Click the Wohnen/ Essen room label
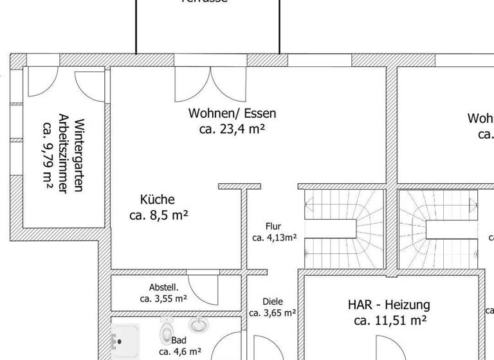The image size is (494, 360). point(232,114)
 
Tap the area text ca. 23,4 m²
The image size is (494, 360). point(232,129)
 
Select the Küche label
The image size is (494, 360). point(157,200)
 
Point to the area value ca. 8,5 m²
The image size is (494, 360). point(158,216)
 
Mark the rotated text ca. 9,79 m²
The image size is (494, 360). point(48,154)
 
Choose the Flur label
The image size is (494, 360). point(273,226)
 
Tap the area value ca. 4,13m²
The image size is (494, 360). point(274,237)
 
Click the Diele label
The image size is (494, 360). point(273,301)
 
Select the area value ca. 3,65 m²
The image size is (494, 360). point(273,313)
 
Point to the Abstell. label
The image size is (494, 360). point(163,287)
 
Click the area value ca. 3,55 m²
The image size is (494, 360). point(163,298)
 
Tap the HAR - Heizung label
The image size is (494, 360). point(389,305)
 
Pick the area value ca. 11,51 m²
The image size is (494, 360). point(390,320)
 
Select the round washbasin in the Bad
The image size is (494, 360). point(199,325)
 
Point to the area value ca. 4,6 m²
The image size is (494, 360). point(180,352)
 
